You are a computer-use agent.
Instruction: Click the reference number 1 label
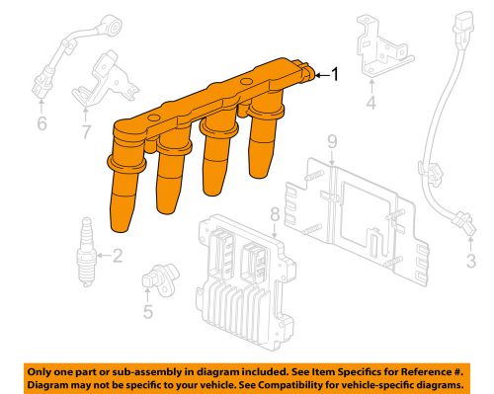[x=335, y=74]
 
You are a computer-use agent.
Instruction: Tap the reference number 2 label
[x=118, y=259]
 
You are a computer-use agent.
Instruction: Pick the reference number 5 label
[x=147, y=314]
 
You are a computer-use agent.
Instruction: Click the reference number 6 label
[x=41, y=123]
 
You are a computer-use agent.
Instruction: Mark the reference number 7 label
[x=86, y=129]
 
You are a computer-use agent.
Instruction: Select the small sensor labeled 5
[x=154, y=280]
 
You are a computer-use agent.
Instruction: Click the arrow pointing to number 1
[x=320, y=74]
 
